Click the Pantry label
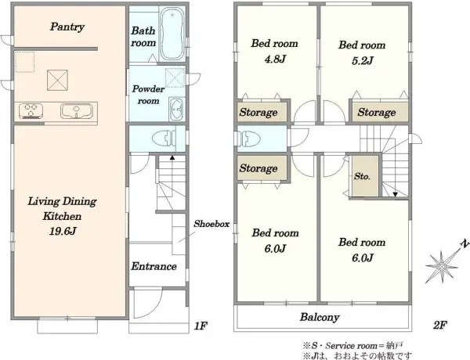coord(67,27)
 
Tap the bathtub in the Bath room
coord(172,34)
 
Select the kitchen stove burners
coord(31,110)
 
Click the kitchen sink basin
coord(77,110)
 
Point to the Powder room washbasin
coord(176,110)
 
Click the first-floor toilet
coord(164,139)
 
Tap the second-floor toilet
coord(249,139)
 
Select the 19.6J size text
coord(63,231)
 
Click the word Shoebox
coord(211,224)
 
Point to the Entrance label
coord(154,266)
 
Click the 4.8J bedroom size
coord(275,59)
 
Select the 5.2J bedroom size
coord(362,61)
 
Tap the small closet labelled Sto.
coord(365,176)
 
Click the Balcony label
coord(320,318)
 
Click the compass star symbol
coord(442,266)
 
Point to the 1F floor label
coord(201,326)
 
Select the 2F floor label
coord(440,325)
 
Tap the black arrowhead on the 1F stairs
coord(172,157)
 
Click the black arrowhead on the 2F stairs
coord(395,195)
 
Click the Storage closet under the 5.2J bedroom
coord(380,112)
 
